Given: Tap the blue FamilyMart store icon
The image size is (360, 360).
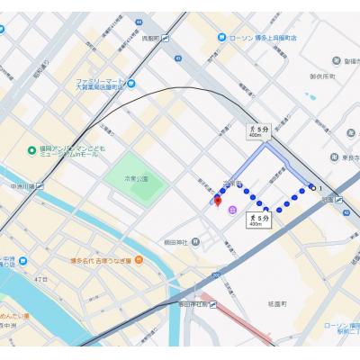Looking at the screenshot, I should point(132,84).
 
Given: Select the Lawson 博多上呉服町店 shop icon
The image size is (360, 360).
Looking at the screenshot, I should point(221,38).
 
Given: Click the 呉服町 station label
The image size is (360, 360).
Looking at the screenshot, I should point(149,38).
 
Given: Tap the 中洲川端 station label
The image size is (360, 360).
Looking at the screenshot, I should point(22,186).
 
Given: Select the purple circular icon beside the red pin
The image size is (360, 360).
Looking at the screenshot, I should point(232,211).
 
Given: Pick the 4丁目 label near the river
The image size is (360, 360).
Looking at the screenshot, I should point(40,280).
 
